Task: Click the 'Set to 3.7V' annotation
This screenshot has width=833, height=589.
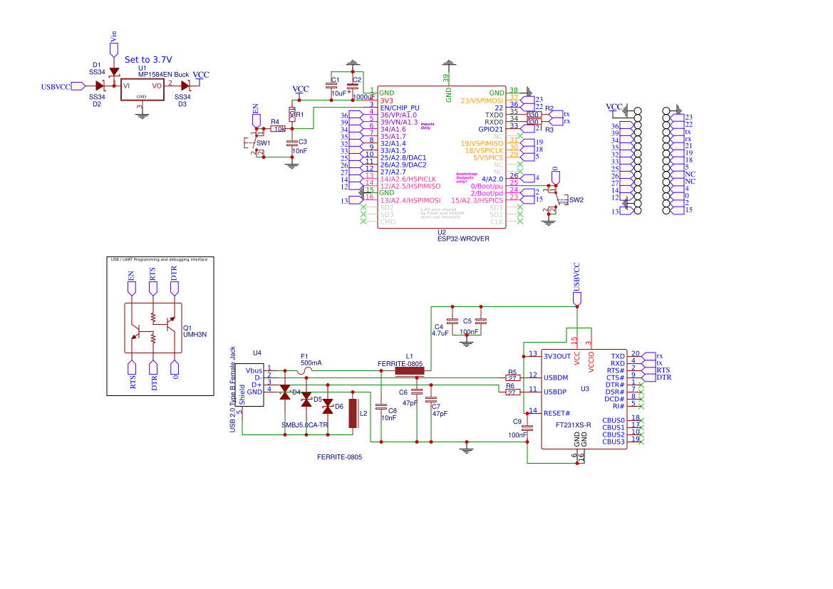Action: point(148,60)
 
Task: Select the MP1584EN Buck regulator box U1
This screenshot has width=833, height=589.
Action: point(141,88)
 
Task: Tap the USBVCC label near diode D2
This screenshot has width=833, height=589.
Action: point(56,87)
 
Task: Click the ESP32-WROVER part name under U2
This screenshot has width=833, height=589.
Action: point(463,239)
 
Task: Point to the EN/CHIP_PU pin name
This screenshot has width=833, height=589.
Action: point(403,108)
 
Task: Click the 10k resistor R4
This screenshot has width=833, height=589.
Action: point(279,129)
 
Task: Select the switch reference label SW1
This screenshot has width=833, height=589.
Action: point(264,143)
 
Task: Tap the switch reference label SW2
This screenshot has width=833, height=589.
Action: point(576,200)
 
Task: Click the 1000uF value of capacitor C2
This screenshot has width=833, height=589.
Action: point(363,97)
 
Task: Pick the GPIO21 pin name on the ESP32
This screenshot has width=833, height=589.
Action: point(490,129)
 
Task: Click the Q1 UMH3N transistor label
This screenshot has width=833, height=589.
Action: point(195,330)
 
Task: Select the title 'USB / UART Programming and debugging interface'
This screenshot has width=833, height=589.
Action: point(160,260)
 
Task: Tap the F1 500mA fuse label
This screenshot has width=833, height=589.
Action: point(311,360)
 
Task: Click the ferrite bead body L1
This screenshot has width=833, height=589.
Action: point(409,370)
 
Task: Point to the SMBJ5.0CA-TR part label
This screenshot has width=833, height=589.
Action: point(305,425)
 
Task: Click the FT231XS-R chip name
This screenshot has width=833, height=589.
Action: point(573,424)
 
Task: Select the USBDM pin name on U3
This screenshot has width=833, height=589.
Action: point(556,377)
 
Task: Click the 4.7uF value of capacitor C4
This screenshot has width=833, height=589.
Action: point(440,333)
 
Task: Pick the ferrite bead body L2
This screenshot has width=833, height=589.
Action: point(353,414)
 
